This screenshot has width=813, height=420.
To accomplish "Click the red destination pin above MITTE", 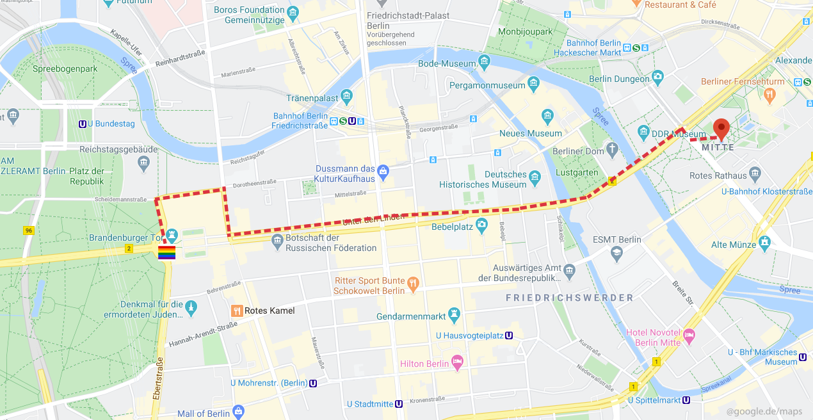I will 721,129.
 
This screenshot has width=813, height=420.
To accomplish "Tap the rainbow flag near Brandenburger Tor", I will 166,252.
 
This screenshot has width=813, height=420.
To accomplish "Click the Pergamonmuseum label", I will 487,85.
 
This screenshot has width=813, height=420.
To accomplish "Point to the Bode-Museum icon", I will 484,63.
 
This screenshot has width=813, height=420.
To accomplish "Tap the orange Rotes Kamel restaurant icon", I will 237,311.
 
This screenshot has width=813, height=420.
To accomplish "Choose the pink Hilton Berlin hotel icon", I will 457,363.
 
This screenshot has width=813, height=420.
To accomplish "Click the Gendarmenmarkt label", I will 411,317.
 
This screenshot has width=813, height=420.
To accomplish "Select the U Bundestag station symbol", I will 83,124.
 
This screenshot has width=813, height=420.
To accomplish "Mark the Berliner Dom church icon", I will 613,150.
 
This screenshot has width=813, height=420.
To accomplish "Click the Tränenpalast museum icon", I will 346,97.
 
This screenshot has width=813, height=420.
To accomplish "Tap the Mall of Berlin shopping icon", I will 238,411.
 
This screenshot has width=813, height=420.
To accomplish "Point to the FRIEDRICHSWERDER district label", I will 569,298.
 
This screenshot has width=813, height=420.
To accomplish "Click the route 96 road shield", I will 28,230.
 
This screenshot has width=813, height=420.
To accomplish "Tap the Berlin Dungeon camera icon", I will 657,78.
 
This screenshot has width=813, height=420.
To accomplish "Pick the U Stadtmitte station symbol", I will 398,404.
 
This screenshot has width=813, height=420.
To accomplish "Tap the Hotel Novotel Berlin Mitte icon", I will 689,335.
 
